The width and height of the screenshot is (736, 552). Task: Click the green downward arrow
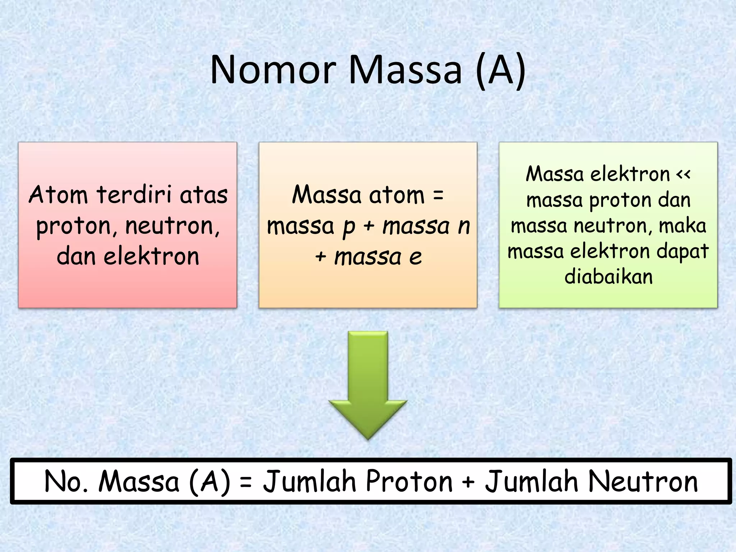tap(368, 385)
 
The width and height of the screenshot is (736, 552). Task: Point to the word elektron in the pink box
tap(151, 257)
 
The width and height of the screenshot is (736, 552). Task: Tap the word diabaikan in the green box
tap(608, 277)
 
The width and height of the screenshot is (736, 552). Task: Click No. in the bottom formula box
tap(66, 482)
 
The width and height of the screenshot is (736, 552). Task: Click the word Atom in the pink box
tap(58, 195)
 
